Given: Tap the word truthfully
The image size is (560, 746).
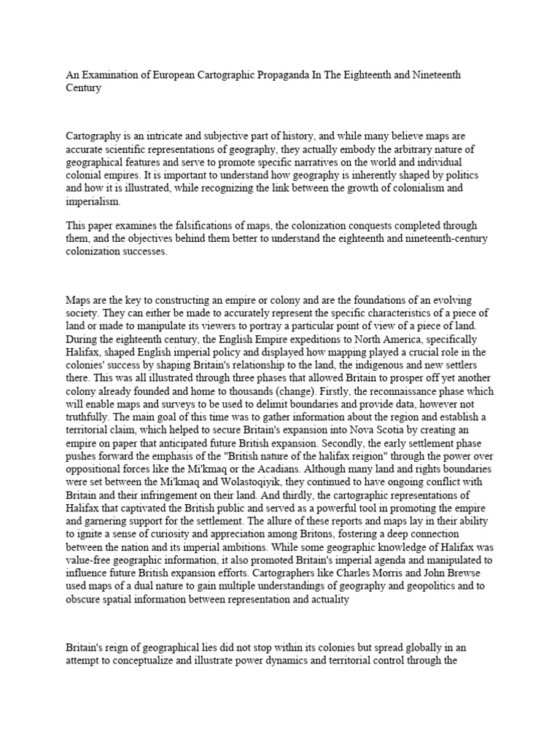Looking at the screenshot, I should [90, 418].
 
